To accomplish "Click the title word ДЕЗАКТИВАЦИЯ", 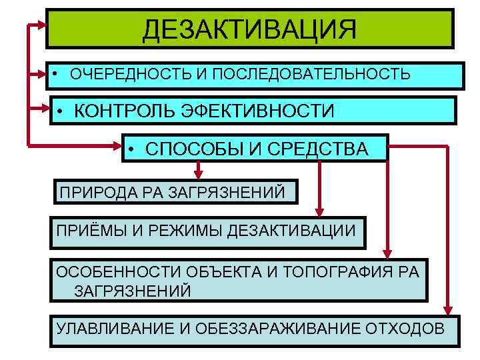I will point(250,29).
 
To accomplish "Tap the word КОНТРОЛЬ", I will point(125,111).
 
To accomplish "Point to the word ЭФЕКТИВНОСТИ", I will point(257,111).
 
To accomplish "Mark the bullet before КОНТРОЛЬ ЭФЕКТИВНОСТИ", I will point(60,111).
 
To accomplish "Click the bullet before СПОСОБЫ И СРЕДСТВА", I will point(134,149).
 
